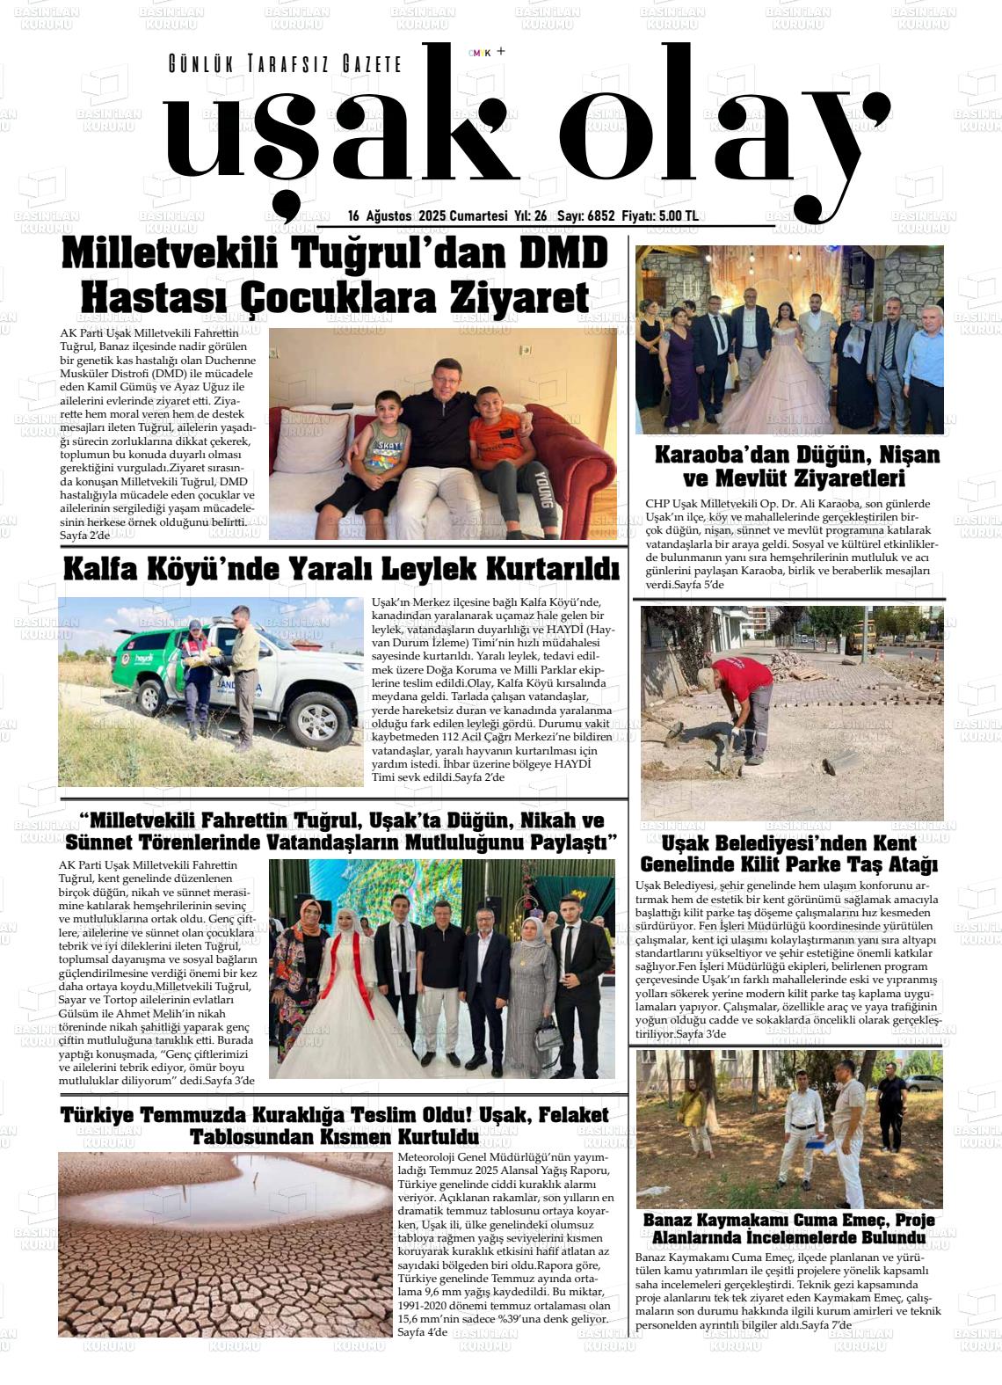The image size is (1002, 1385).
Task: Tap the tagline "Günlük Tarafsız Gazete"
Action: tap(285, 64)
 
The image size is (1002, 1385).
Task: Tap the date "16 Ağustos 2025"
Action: tap(398, 216)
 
